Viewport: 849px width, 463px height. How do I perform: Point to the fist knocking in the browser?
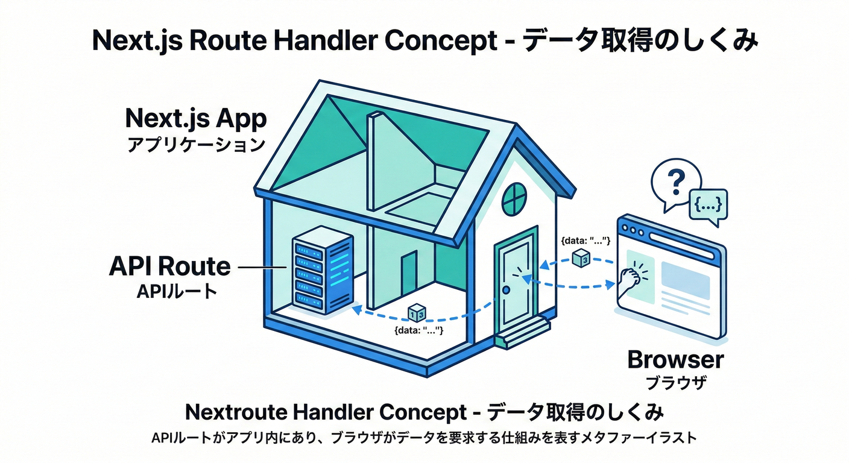tap(631, 277)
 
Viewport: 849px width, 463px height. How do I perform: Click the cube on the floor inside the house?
tap(417, 312)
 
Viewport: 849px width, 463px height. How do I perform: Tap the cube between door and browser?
tap(581, 258)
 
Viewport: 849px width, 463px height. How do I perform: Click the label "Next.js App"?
tap(195, 118)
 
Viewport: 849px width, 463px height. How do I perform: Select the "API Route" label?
tap(170, 266)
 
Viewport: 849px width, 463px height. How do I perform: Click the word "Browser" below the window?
tap(675, 360)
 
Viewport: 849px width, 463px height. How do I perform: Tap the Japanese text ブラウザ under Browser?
tap(675, 383)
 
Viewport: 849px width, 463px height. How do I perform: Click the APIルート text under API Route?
tap(176, 291)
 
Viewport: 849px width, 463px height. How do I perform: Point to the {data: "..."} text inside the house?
tap(418, 330)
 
